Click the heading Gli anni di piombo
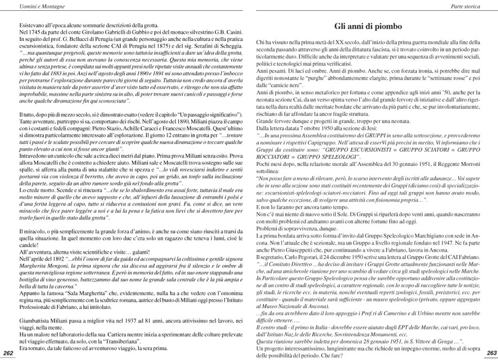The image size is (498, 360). (x=368, y=26)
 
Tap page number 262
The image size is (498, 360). (x=9, y=353)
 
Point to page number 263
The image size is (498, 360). (x=490, y=353)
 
